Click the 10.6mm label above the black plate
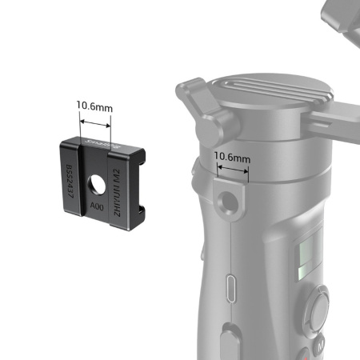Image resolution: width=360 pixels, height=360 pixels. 94,105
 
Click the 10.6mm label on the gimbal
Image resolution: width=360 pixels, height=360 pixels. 232,158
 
